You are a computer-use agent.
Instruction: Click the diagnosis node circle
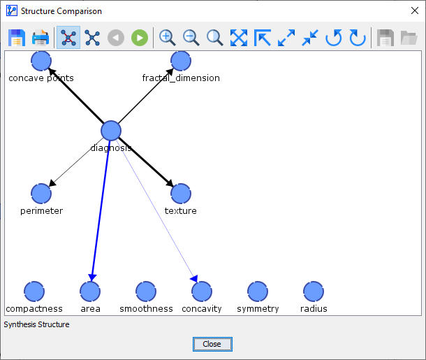(x=111, y=131)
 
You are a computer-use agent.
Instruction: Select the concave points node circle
(x=41, y=61)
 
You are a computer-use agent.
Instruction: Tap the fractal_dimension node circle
(x=181, y=61)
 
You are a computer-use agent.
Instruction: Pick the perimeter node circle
(x=41, y=194)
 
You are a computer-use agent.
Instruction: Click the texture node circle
(x=181, y=194)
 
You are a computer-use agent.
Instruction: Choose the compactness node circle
(x=34, y=291)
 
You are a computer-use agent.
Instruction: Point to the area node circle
(x=90, y=291)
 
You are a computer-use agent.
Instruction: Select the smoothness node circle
(x=146, y=291)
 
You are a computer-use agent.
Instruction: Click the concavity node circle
(x=202, y=291)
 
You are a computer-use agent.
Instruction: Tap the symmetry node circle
(x=258, y=291)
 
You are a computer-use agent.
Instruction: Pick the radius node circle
(x=314, y=291)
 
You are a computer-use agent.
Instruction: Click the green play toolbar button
(x=140, y=38)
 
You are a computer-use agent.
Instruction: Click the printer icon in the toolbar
(x=41, y=38)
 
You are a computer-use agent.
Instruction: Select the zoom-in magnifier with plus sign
(x=167, y=38)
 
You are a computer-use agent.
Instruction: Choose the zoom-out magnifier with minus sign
(x=191, y=38)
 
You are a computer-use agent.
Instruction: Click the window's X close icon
(x=415, y=10)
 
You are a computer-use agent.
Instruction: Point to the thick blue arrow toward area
(x=101, y=210)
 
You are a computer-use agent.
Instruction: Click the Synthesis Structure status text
(x=36, y=324)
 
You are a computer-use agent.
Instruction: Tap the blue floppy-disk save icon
(x=17, y=38)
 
